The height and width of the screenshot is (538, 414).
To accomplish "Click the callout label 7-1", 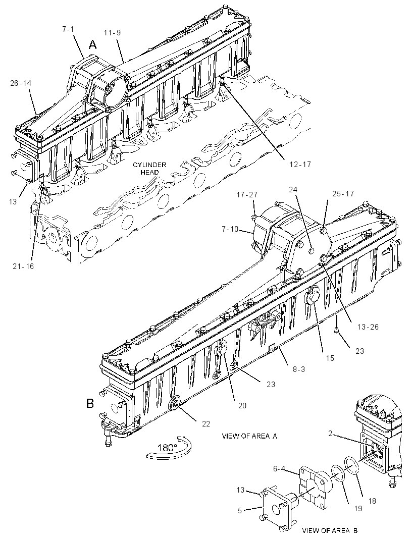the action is tap(68, 29).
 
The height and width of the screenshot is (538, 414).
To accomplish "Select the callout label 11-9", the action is tap(113, 33).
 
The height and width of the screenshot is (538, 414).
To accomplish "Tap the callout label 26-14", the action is tap(21, 83).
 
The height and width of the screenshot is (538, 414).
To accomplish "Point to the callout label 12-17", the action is tap(300, 165).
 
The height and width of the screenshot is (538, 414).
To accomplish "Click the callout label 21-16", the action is tap(23, 266).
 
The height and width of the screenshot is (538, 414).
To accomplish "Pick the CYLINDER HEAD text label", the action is tap(149, 168).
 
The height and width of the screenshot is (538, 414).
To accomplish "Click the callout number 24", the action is tap(293, 189).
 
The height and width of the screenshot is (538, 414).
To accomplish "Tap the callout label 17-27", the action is tap(246, 195).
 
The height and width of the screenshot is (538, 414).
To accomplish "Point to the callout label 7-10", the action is tap(230, 229).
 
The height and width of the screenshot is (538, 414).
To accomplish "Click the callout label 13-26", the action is tap(368, 327).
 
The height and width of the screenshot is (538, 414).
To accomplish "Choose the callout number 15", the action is tap(330, 358).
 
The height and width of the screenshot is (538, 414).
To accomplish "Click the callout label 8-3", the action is tap(298, 369).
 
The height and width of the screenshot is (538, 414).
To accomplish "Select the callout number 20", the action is tap(242, 406).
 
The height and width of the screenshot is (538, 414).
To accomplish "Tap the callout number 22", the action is tap(205, 424).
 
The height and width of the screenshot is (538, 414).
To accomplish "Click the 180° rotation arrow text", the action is tap(168, 448).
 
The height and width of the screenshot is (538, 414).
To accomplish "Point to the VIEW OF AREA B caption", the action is tap(330, 530).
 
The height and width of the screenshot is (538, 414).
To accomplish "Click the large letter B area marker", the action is tap(90, 403).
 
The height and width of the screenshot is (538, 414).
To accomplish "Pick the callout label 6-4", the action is tap(279, 468).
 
